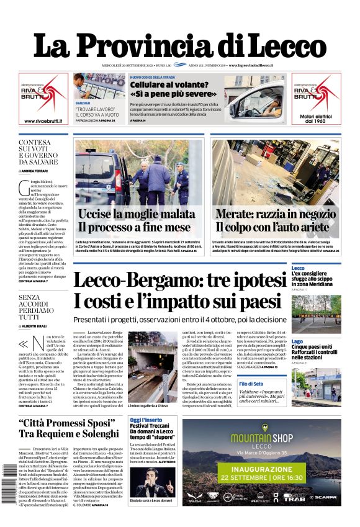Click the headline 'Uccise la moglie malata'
point(137,214)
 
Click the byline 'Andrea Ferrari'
point(38,170)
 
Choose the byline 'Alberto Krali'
point(38,326)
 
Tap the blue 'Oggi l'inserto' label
point(145,420)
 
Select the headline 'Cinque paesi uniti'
point(317,347)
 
